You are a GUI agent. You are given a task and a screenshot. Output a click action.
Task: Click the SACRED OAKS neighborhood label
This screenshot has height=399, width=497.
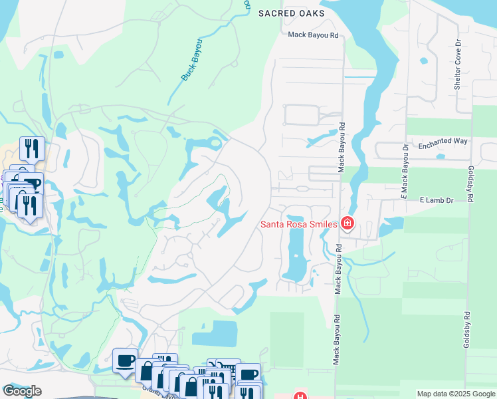click(x=292, y=13)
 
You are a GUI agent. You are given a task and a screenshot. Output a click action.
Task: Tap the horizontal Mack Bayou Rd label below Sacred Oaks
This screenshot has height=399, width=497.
click(x=314, y=34)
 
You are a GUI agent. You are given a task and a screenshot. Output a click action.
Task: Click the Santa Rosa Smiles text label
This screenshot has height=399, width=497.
click(x=298, y=223)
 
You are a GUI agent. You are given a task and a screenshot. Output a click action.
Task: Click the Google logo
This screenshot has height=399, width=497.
click(x=22, y=391)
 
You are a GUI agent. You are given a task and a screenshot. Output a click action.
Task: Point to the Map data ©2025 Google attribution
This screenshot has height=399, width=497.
click(x=455, y=394)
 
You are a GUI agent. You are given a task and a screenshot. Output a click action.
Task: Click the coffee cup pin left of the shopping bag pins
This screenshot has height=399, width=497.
click(x=125, y=360)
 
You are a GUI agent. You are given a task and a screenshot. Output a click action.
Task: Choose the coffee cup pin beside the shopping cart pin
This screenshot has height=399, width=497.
click(x=249, y=374)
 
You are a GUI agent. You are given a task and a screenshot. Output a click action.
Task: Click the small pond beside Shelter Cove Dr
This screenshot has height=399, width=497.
click(x=424, y=62)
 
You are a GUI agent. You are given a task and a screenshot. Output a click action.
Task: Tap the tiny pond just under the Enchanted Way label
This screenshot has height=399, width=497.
click(x=441, y=157)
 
